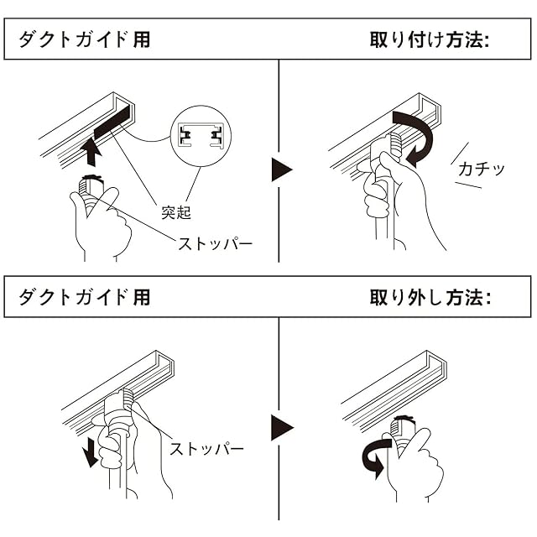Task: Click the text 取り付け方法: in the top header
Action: [430, 39]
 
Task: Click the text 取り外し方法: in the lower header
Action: [430, 297]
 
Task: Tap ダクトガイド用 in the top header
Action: [84, 39]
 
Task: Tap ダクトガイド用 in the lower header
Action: [84, 297]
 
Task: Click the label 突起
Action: [176, 212]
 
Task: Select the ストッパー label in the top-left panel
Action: [215, 244]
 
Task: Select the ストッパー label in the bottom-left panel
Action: [206, 449]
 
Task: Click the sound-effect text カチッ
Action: [482, 169]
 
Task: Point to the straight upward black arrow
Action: [91, 151]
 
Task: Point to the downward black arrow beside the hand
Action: [90, 453]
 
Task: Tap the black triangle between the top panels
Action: [282, 169]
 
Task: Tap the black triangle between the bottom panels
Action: [282, 428]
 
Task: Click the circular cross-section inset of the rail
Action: [201, 136]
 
